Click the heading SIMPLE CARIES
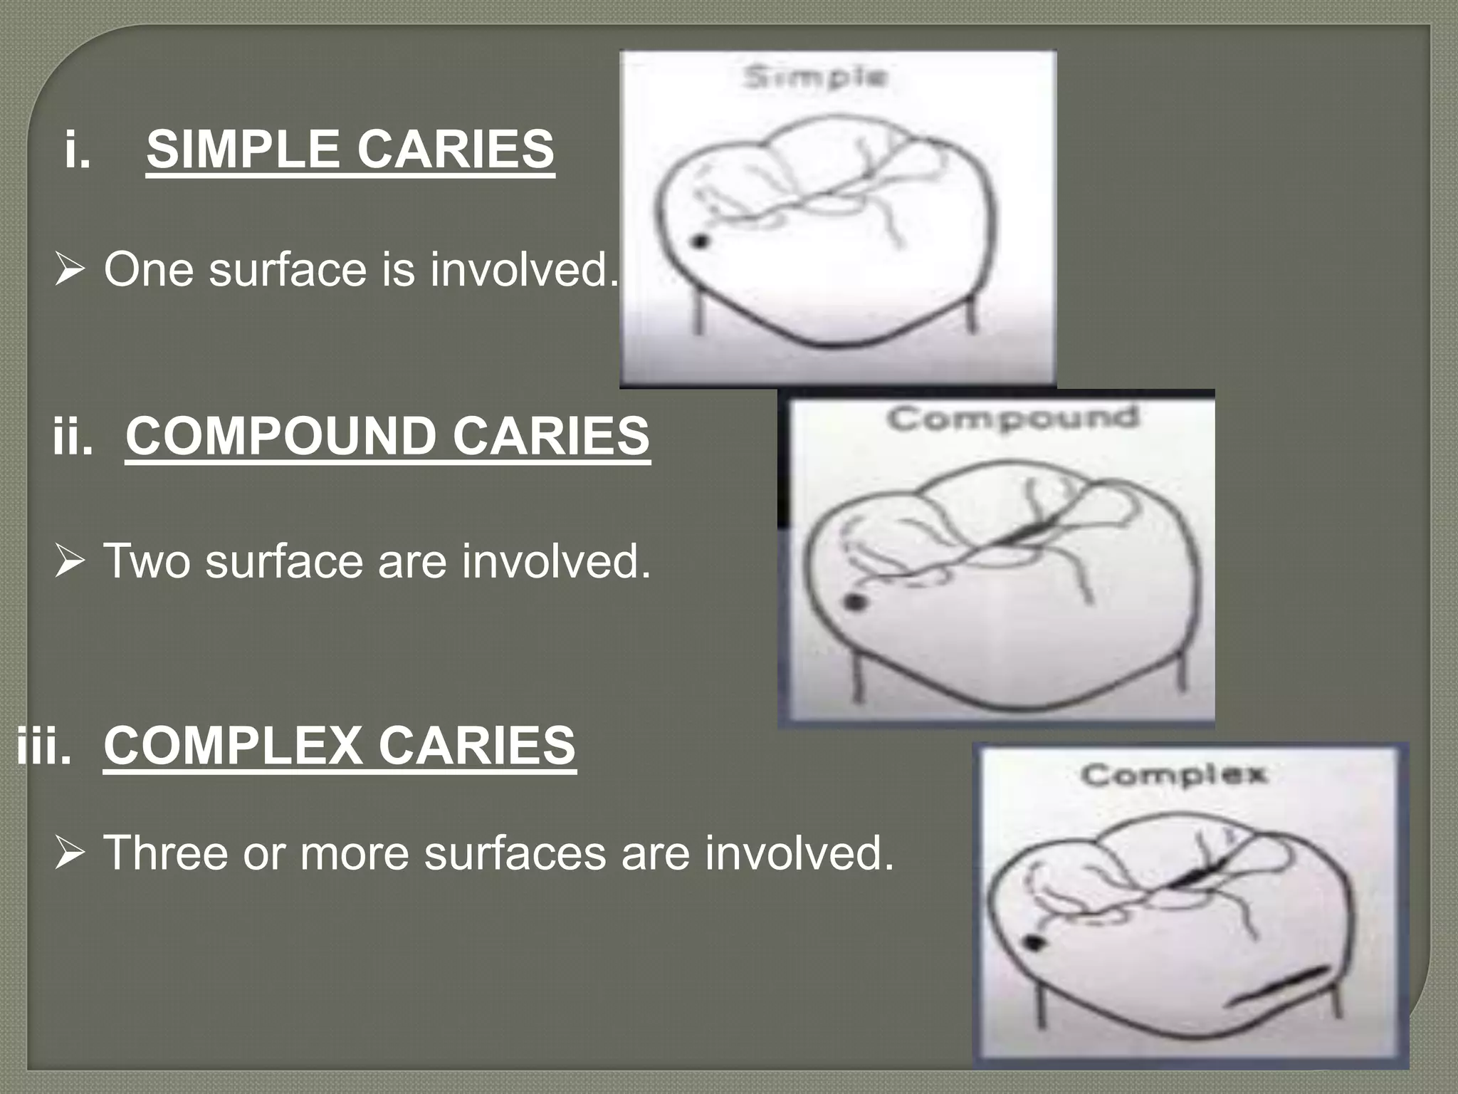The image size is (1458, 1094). coord(350,150)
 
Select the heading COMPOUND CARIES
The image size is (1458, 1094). coord(387,437)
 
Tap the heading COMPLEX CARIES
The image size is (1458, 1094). coord(340,746)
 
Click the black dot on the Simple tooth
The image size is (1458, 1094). coord(700,242)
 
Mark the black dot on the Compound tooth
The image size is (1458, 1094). coord(855,603)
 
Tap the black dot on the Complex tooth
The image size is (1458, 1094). coord(1034,943)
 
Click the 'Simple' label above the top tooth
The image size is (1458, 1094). coord(814,77)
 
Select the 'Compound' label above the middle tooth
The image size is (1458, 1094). coord(1012,419)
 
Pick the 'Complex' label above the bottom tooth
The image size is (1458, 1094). coord(1173,774)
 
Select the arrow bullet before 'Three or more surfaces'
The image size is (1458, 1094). coord(69,853)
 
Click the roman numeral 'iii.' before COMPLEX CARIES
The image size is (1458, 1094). coord(43,746)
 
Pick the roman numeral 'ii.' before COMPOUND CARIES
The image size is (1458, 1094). coord(73,437)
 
